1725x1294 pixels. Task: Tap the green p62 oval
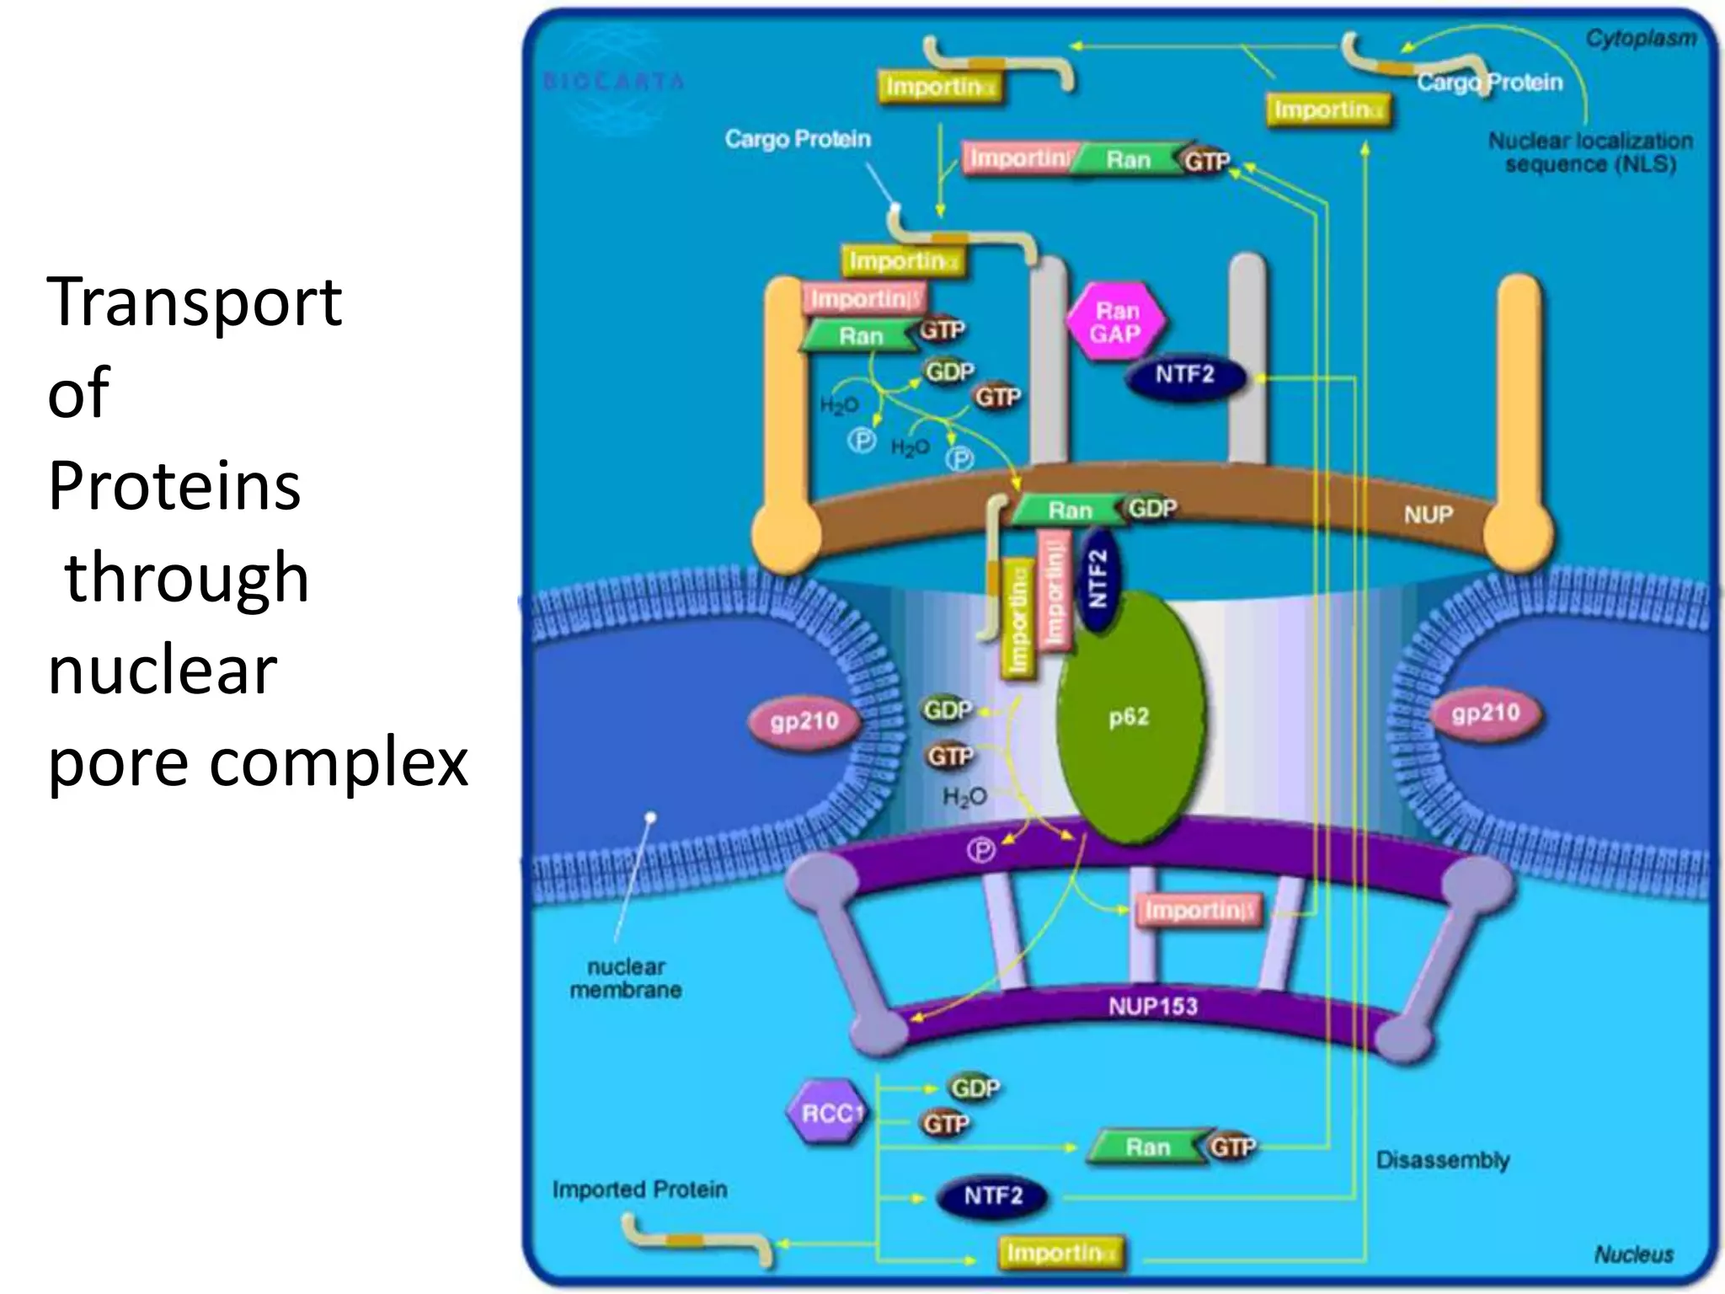(1129, 718)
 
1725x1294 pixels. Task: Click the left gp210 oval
(804, 720)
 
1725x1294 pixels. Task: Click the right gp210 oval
(1486, 714)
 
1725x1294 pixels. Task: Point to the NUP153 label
(1152, 1006)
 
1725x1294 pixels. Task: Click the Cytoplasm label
(1640, 38)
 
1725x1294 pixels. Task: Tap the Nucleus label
(1633, 1254)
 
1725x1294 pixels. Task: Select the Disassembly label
(1442, 1160)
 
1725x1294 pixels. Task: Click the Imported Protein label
(639, 1189)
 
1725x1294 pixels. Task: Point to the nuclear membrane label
(626, 978)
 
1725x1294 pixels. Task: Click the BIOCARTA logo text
(613, 82)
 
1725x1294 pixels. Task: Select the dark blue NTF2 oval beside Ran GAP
(1184, 375)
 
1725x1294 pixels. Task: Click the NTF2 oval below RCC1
(993, 1195)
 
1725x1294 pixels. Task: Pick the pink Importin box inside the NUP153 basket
(1199, 911)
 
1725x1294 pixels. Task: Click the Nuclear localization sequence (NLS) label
(1590, 152)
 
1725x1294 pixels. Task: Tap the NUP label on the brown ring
(1428, 514)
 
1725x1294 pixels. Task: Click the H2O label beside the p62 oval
(964, 796)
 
